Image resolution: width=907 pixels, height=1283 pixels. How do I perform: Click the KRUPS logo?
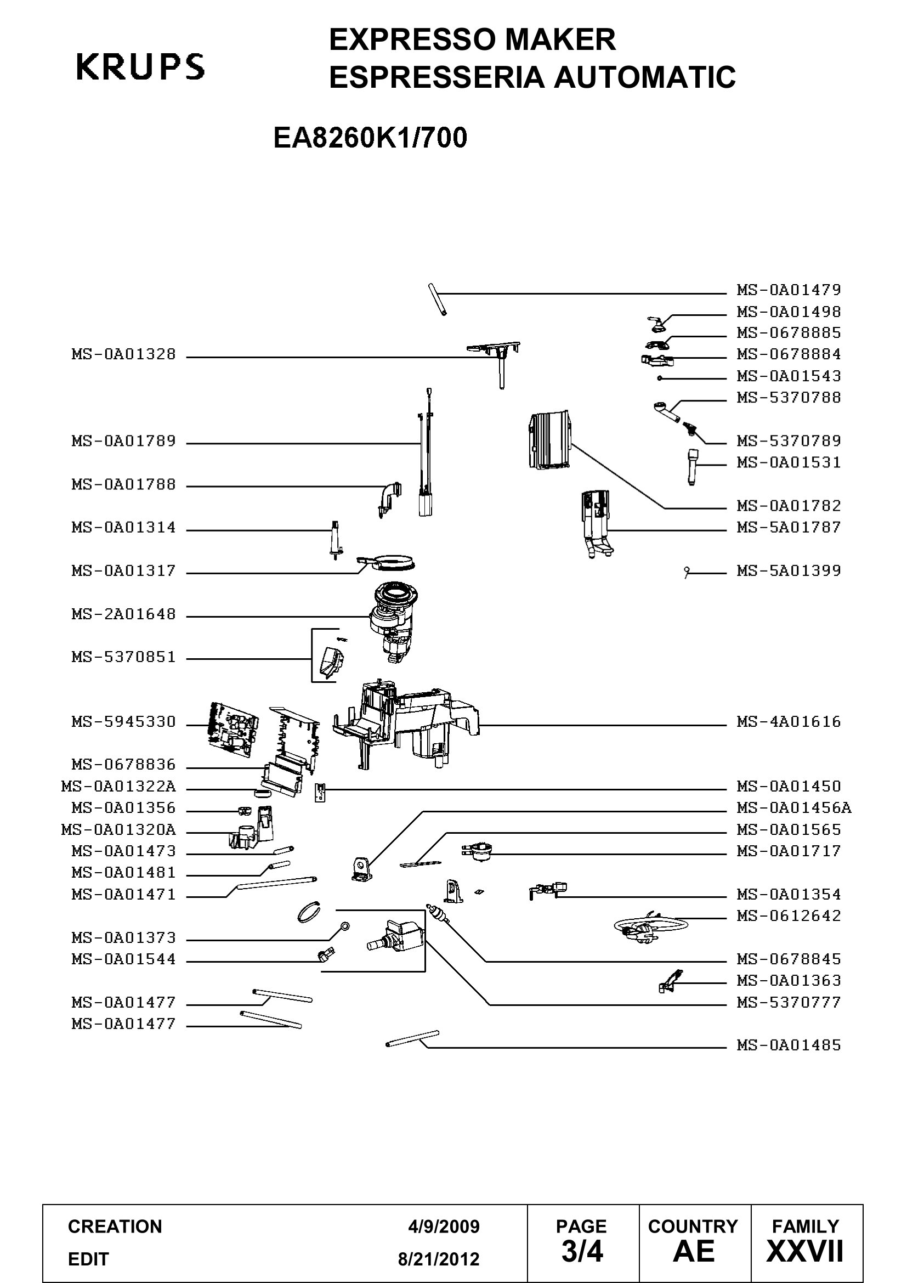[140, 67]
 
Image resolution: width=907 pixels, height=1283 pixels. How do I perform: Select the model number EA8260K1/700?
[370, 138]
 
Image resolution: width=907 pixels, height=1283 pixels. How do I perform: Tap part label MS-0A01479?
[789, 290]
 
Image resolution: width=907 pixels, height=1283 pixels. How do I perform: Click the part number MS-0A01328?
[123, 354]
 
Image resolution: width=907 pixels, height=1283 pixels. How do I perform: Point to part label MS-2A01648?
[123, 614]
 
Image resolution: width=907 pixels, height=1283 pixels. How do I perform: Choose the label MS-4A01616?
[789, 722]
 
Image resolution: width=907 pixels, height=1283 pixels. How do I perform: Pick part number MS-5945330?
[123, 722]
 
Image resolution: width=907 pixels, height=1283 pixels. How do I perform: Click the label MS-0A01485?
[789, 1045]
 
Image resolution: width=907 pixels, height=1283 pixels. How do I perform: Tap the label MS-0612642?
[789, 916]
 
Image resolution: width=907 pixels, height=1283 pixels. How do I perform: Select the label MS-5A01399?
[789, 571]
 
